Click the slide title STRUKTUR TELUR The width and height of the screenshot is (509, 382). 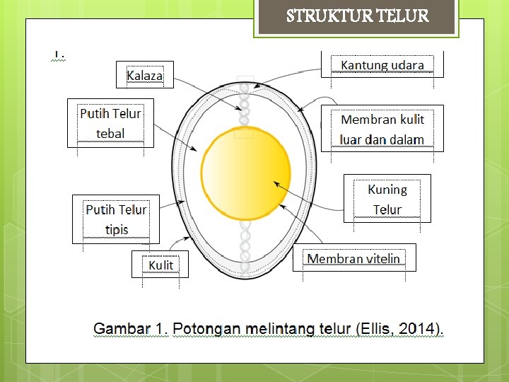358,16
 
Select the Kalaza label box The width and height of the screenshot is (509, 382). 145,75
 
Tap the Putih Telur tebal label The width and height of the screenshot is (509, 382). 110,123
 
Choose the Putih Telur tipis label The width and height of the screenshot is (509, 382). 116,219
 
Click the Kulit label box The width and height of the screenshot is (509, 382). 160,265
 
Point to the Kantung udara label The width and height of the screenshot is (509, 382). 382,65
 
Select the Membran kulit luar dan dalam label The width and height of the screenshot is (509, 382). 382,129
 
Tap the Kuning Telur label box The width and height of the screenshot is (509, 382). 387,199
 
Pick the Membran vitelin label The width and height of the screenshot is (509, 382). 353,258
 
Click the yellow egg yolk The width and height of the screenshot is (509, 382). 245,170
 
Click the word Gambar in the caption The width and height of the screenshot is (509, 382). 121,329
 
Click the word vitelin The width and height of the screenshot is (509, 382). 382,258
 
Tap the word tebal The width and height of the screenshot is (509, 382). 110,133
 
